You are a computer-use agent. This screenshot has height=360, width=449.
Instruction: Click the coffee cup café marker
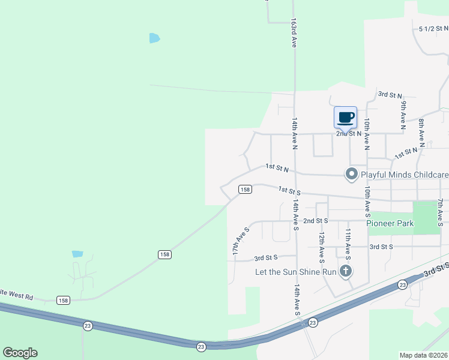(x=345, y=118)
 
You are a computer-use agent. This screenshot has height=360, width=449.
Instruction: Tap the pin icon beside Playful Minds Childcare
(x=351, y=175)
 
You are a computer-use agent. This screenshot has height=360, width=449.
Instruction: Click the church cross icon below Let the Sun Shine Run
(x=345, y=272)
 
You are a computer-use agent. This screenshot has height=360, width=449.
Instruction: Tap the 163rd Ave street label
(x=294, y=32)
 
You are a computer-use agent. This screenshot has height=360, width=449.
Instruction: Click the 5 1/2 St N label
(x=433, y=28)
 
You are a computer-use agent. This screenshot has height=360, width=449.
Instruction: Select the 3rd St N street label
(x=390, y=95)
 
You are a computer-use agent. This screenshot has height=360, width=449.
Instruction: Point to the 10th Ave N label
(x=366, y=133)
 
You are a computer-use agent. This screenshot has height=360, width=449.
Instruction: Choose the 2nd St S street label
(x=315, y=221)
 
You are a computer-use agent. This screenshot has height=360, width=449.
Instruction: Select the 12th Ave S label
(x=322, y=248)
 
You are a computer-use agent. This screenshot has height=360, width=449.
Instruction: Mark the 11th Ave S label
(x=348, y=243)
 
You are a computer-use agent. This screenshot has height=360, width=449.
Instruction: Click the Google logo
(x=20, y=353)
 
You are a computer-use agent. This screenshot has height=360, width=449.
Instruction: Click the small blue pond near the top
(x=155, y=38)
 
